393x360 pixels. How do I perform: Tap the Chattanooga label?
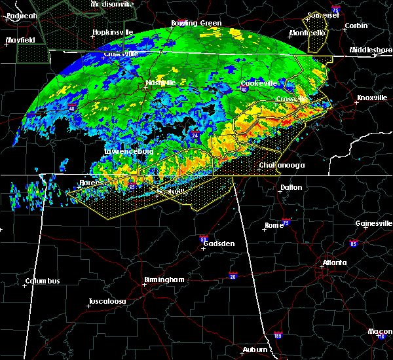tap(282, 166)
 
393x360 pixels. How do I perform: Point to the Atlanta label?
tap(334, 264)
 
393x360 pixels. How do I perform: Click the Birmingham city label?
tap(164, 279)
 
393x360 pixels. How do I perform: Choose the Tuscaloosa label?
tap(107, 302)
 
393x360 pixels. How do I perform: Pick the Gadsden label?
tap(219, 243)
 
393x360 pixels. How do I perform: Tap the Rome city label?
tap(274, 225)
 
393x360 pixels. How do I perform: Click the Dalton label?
tap(291, 187)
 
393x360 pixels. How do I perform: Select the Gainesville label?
tap(374, 223)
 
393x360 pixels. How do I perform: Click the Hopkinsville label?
tap(113, 31)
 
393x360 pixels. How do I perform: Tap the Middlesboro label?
tap(371, 50)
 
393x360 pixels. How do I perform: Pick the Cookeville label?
tap(259, 83)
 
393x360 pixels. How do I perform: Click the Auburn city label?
tap(256, 350)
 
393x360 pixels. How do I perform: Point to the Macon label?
tap(380, 332)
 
